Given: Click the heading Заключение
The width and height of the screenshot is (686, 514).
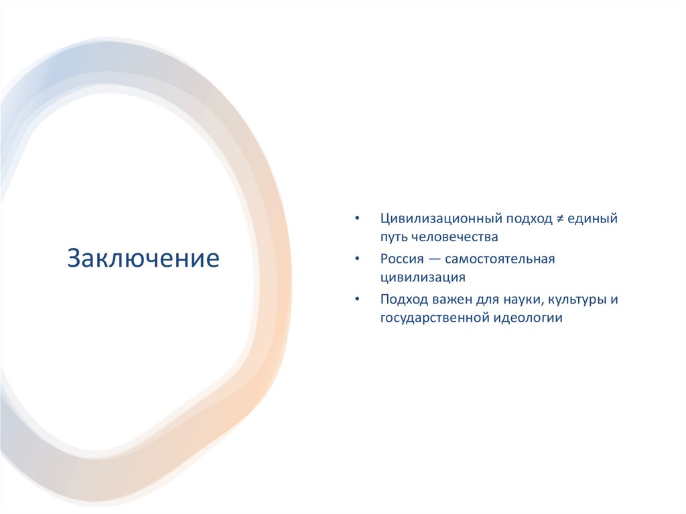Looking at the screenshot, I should [143, 258].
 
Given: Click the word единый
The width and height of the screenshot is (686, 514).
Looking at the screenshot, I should [592, 218].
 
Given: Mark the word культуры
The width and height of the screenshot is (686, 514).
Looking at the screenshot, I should [579, 299].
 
